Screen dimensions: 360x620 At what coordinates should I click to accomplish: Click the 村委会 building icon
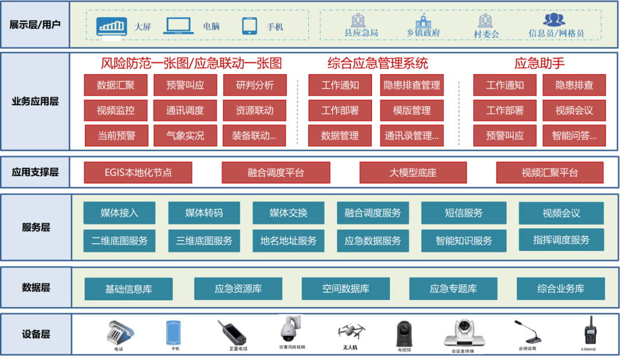[x=486, y=22]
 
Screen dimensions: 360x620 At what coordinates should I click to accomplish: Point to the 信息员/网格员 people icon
[x=555, y=20]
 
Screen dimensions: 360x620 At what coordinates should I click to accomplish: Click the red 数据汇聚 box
[x=115, y=85]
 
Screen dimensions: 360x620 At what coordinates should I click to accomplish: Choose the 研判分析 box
[x=254, y=85]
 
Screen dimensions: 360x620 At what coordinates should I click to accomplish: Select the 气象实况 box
[x=185, y=136]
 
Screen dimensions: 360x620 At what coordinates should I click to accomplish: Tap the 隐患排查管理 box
[x=412, y=85]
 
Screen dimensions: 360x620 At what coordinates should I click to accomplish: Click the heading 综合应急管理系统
[x=377, y=63]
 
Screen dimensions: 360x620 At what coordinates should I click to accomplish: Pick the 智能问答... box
[x=574, y=136]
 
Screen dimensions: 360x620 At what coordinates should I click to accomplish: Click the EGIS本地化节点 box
[x=138, y=172]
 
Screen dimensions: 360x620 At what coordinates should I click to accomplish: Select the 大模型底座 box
[x=413, y=172]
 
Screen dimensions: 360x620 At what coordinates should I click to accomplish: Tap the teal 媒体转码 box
[x=204, y=213]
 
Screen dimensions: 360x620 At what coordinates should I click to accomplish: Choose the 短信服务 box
[x=463, y=213]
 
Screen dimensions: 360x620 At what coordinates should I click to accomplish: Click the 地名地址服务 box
[x=288, y=241]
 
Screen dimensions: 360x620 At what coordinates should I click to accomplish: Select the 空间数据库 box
[x=346, y=289]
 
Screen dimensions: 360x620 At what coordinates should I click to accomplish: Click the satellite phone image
[x=231, y=332]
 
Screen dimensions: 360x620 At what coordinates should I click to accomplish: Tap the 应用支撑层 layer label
[x=35, y=172]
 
